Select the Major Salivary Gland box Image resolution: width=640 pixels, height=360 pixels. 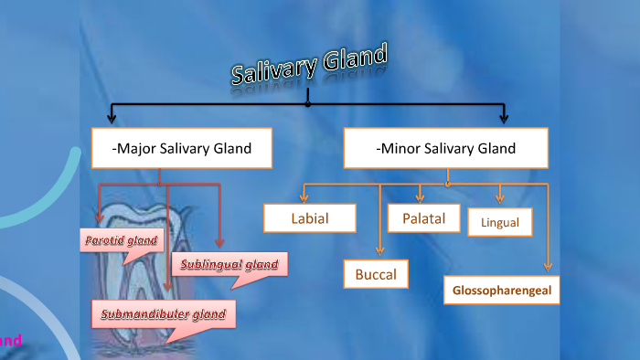click(182, 148)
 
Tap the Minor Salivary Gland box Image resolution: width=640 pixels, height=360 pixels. click(445, 148)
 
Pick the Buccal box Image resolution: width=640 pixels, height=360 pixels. click(376, 273)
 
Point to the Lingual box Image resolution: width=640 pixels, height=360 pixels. click(499, 222)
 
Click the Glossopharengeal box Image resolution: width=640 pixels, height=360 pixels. click(501, 291)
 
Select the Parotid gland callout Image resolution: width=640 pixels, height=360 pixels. click(122, 242)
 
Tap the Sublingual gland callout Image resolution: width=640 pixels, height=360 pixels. click(229, 265)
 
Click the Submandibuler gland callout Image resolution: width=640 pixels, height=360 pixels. click(163, 315)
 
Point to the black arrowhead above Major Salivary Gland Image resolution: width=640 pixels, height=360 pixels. click(112, 117)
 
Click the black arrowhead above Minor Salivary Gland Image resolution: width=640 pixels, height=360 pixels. click(504, 117)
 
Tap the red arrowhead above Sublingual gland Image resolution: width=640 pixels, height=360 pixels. click(219, 242)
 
